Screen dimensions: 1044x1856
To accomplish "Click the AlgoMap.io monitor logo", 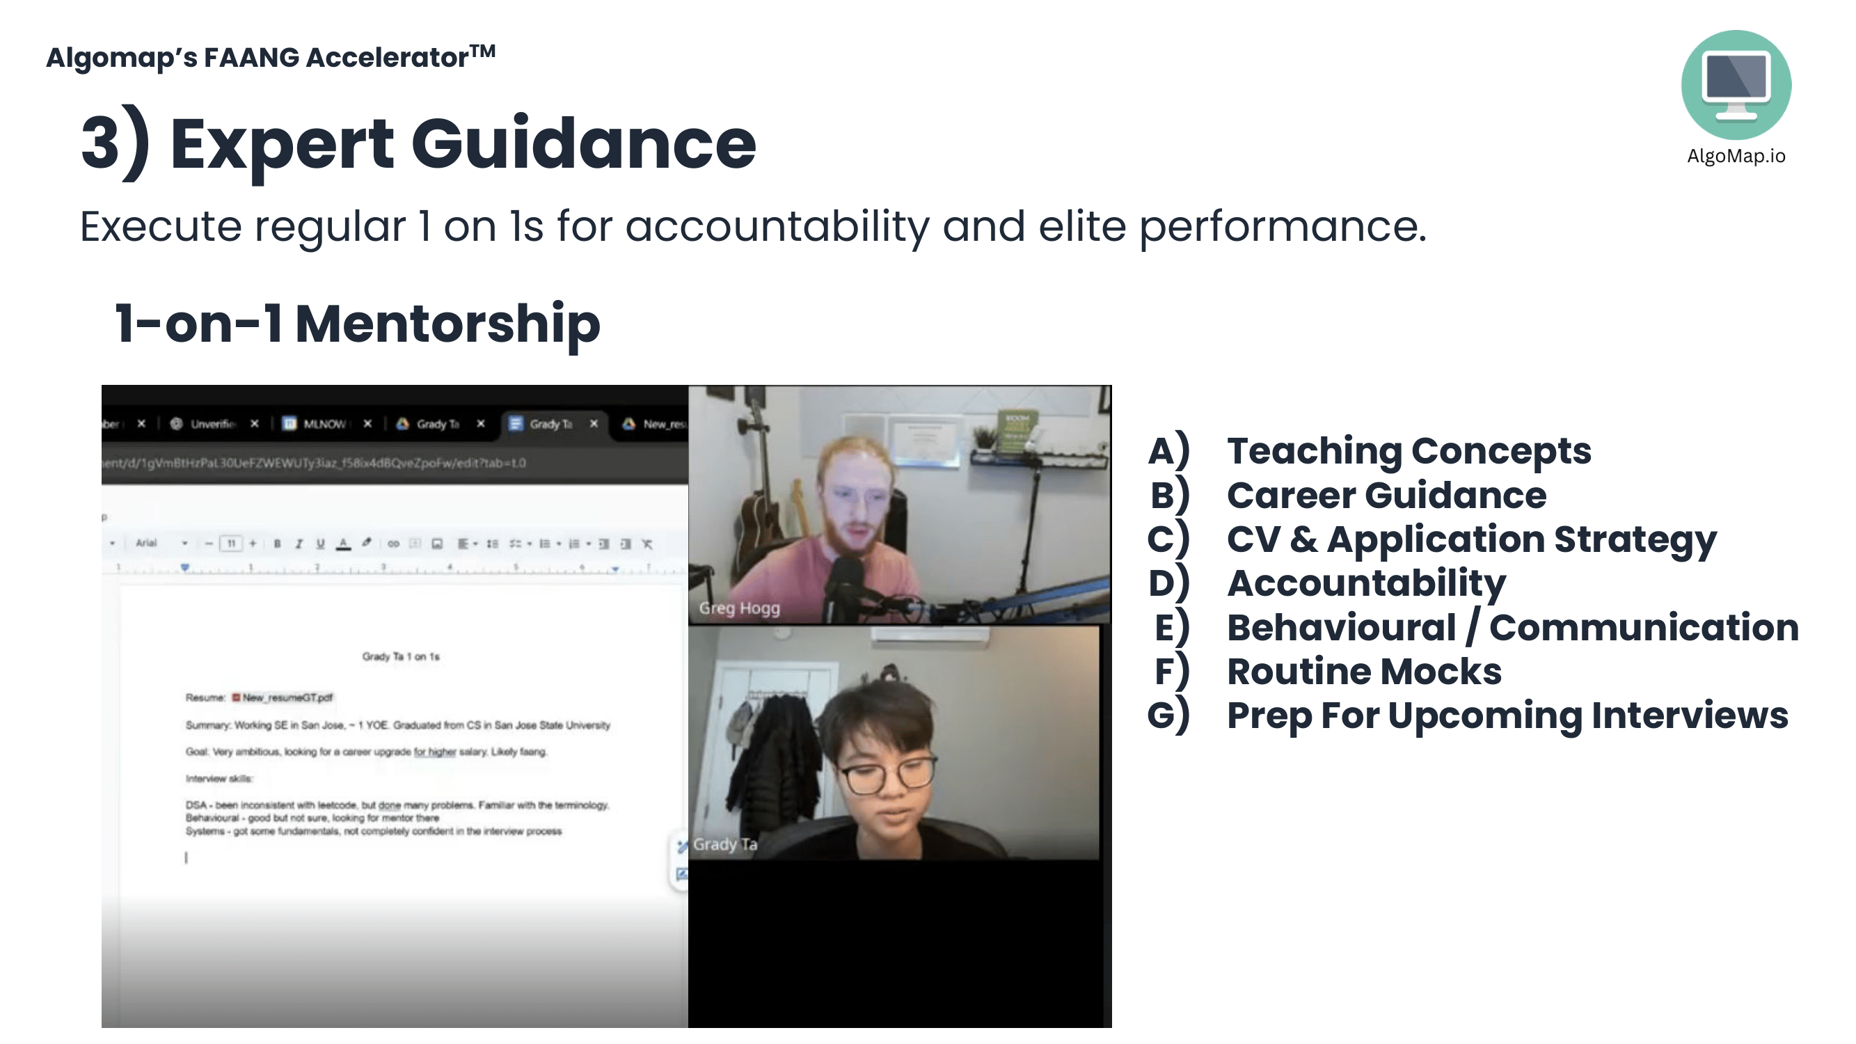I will pos(1736,84).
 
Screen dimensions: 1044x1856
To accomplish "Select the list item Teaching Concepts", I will pos(1409,451).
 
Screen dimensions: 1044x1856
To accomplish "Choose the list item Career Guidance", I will pos(1386,496).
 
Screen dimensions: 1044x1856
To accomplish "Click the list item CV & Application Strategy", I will pos(1471,539).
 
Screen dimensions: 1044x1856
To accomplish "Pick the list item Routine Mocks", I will pos(1364,672).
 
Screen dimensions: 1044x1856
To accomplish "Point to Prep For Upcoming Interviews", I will pos(1507,715).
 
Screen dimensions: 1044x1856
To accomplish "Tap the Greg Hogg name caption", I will pos(739,608).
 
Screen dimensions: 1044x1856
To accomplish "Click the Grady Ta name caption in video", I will pos(725,844).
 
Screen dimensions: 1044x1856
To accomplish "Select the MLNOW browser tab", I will pos(323,424).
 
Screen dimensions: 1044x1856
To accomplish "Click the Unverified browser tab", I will pos(211,424).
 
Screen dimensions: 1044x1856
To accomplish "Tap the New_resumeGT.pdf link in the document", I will pos(287,697).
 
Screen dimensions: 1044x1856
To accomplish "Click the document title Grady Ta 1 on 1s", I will pos(401,656).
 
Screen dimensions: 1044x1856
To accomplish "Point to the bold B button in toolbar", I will pos(278,544).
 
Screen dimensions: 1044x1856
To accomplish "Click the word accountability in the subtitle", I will pos(777,227).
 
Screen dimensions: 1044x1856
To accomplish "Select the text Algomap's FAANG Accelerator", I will pos(270,57).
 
